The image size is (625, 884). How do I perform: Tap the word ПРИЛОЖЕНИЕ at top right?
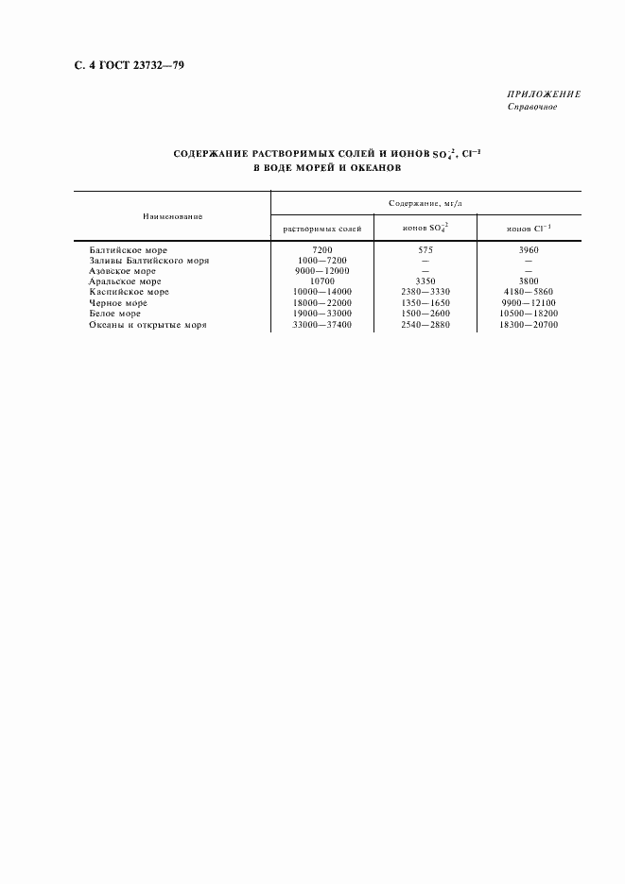pos(544,94)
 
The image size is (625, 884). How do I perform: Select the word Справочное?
pos(532,107)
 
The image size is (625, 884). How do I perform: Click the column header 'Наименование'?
pos(173,216)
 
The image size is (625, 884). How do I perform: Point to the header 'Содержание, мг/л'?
pos(425,203)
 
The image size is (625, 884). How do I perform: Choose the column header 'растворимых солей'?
pos(322,229)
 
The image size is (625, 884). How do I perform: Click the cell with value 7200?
pos(322,249)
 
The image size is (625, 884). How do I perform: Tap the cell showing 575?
pos(425,249)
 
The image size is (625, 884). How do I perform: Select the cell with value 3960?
pos(530,249)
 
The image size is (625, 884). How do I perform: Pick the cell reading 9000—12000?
pos(322,270)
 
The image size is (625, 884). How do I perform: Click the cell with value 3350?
pos(425,281)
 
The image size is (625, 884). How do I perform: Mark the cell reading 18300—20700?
pos(530,325)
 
